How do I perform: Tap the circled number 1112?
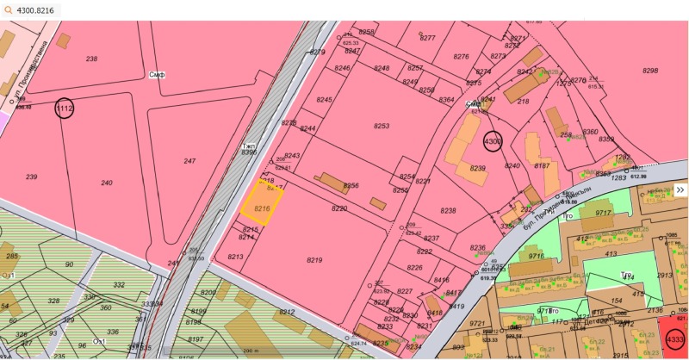coord(65,109)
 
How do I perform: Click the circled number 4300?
coord(493,140)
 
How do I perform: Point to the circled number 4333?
coord(675,341)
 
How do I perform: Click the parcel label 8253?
coord(381,127)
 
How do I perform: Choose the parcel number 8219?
coord(314,259)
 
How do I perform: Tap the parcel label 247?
coord(189,161)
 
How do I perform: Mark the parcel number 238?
coord(92,59)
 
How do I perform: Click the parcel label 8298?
coord(650,71)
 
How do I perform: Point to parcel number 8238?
coord(448,211)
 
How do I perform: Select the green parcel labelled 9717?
coord(603,213)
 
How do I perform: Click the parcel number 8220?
coord(338,208)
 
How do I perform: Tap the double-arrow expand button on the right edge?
coord(680,189)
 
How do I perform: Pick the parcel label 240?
coord(107,183)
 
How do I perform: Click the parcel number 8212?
coord(287,313)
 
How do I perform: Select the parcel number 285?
coord(12,256)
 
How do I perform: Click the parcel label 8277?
coord(427,38)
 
